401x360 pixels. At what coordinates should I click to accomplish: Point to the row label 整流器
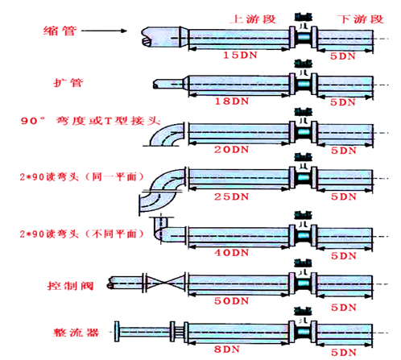click(63, 333)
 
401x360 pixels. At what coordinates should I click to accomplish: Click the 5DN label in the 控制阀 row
click(343, 300)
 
